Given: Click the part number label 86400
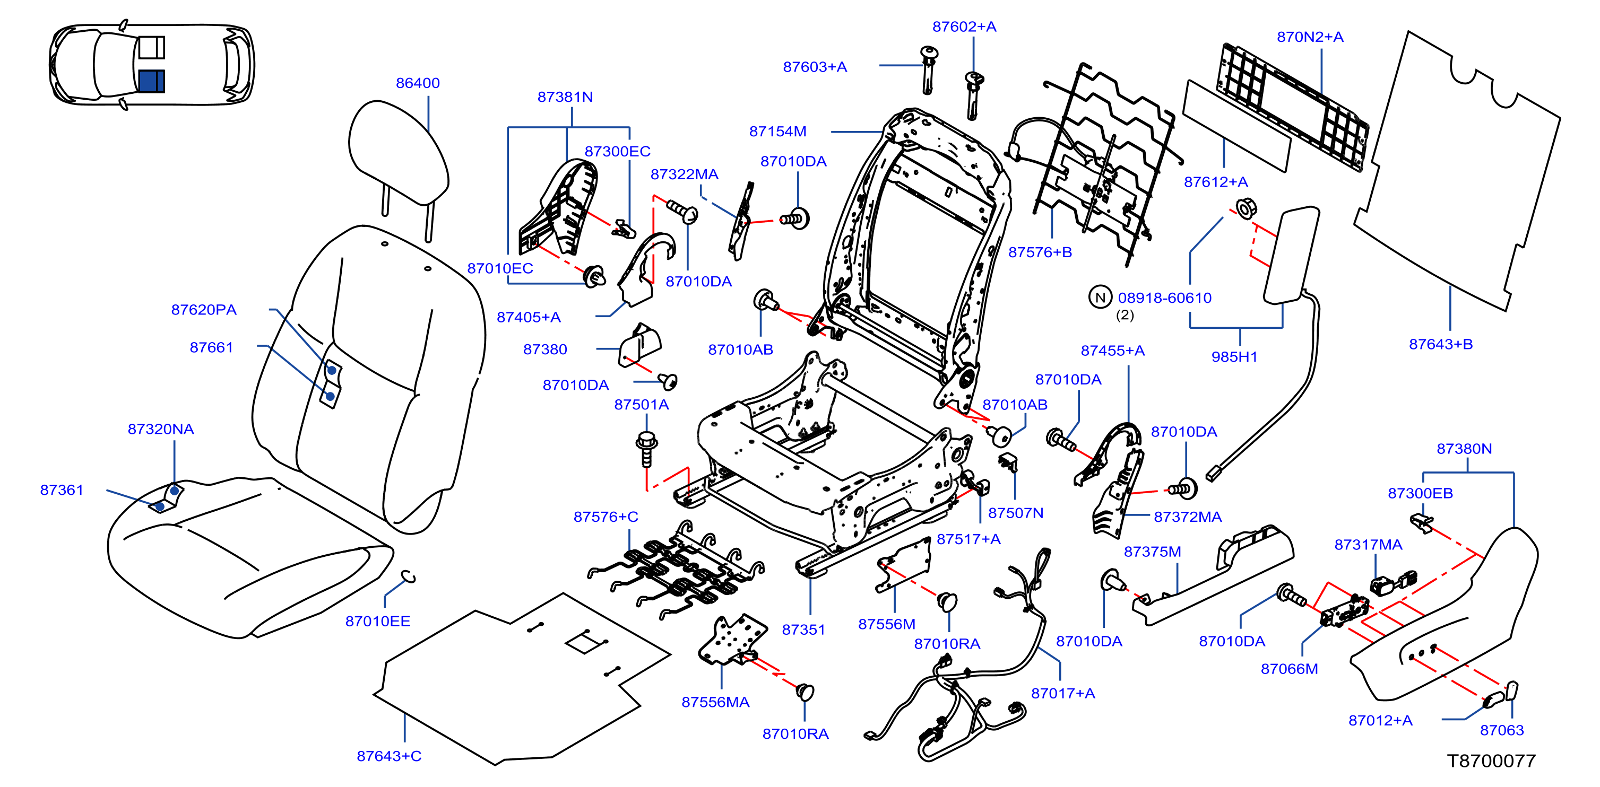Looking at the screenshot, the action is tap(418, 83).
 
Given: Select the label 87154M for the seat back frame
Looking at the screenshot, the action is tap(777, 132).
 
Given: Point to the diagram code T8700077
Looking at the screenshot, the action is tap(1491, 761).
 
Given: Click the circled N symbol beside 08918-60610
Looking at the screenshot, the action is tap(1100, 298).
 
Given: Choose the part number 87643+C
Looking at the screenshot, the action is tap(389, 756).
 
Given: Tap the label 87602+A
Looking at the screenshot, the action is tap(964, 27).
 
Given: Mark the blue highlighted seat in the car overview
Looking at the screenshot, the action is tap(152, 81).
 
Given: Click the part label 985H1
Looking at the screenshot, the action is tap(1234, 357).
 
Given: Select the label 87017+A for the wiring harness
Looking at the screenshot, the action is tap(1063, 693).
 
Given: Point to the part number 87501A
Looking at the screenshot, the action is tap(641, 405).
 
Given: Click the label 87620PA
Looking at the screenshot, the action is tap(204, 310).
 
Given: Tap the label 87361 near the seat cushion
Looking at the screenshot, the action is tap(62, 491).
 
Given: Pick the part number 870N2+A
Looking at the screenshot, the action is tap(1310, 37).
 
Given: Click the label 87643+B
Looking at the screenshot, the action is tap(1440, 345).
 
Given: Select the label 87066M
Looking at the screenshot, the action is tap(1289, 669).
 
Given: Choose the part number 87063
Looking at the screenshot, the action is tap(1502, 730).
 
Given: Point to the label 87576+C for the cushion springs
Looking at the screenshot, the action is tap(606, 517).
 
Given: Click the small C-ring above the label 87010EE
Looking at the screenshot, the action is tap(409, 576).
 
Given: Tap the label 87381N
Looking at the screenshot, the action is tap(565, 97).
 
